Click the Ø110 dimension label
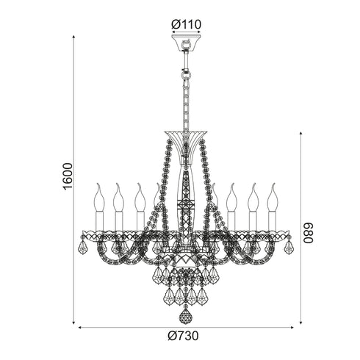click(186, 24)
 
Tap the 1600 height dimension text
click(68, 176)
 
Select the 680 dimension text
click(308, 233)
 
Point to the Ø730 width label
click(183, 336)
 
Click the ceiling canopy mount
click(186, 43)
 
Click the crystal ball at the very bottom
click(186, 317)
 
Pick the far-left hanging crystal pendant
click(83, 247)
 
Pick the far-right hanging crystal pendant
click(289, 247)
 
